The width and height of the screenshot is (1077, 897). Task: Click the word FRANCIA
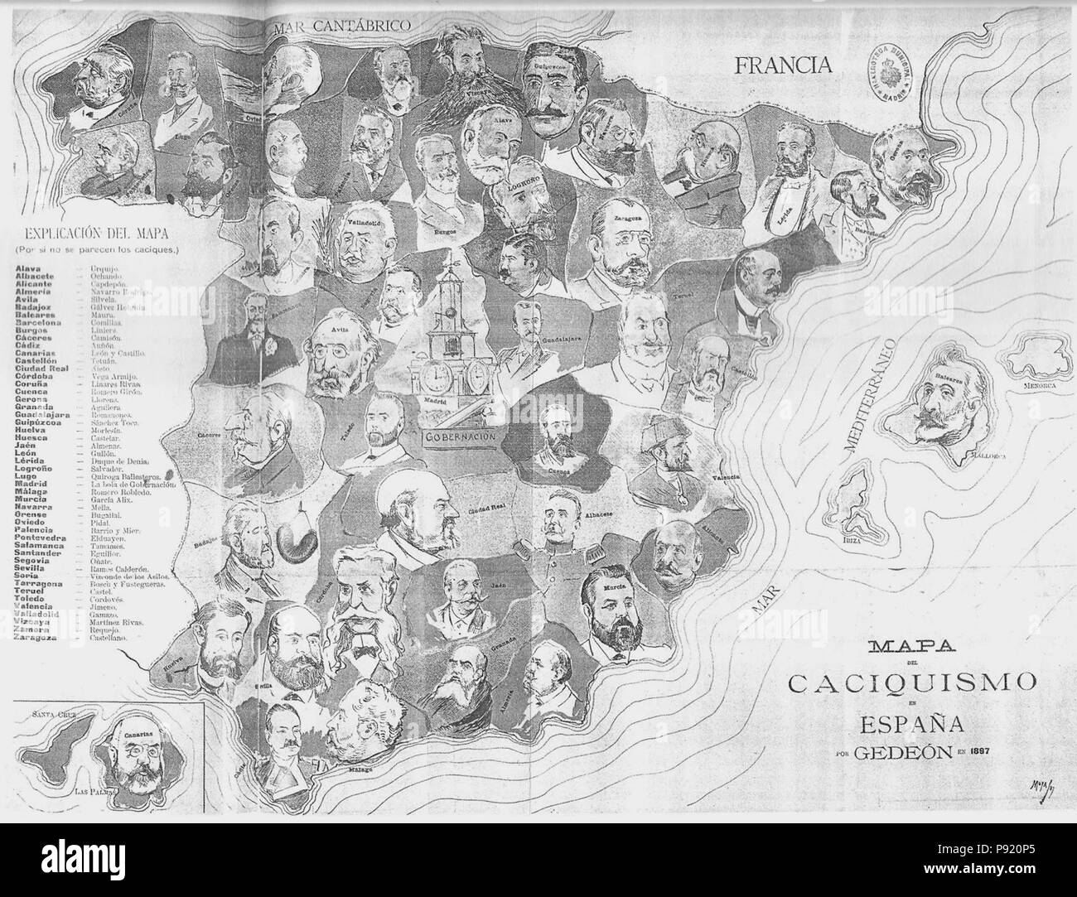pos(782,65)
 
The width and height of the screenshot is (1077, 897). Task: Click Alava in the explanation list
pos(30,268)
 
